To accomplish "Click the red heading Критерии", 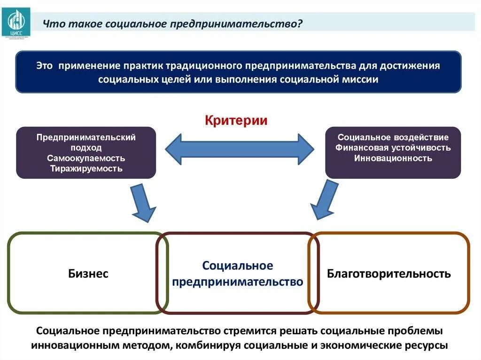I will [236, 121].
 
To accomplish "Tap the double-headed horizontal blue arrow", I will [239, 149].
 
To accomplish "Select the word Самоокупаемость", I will [86, 158].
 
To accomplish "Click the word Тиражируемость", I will [86, 169].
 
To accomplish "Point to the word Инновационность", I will [393, 158].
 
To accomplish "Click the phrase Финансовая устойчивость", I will [393, 148].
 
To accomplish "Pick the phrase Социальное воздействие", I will [393, 138].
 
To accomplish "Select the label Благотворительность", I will [389, 274].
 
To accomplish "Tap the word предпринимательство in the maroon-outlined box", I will [238, 282].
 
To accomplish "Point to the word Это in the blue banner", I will [44, 66].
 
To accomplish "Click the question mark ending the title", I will [299, 24].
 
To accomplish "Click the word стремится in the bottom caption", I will [251, 330].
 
